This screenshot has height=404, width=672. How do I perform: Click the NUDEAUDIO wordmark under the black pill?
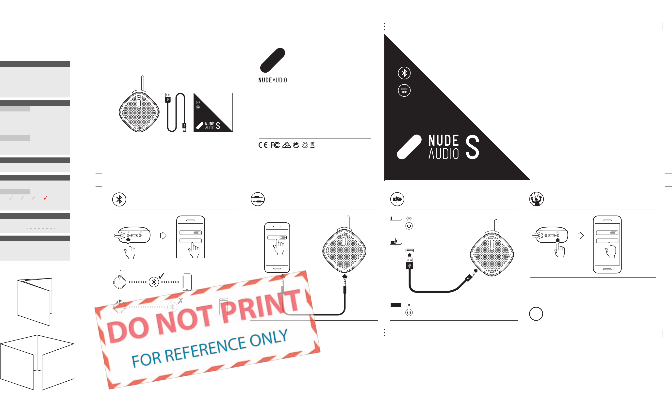point(272,80)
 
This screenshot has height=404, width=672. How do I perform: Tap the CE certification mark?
point(263,145)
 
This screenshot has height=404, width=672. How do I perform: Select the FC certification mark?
point(275,145)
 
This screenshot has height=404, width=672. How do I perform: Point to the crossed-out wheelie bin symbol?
point(312,145)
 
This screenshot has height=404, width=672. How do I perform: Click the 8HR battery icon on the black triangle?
point(404,90)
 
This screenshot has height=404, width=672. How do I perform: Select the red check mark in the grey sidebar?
point(46,198)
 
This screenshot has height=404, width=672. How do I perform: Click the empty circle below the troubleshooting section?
point(536,314)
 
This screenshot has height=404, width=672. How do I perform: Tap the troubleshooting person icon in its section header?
point(536,199)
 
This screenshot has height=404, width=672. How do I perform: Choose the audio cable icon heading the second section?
point(257,199)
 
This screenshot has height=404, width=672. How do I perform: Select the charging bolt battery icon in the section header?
point(397,199)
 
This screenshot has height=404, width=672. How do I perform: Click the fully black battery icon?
point(396,305)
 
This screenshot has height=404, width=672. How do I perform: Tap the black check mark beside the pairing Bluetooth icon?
point(162,276)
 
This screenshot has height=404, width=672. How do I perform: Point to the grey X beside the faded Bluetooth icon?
point(180,301)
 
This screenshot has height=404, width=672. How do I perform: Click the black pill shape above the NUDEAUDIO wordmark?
point(272,60)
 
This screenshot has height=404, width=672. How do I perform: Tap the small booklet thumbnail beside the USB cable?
point(213,112)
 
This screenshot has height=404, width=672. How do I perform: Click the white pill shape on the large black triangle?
point(409,147)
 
